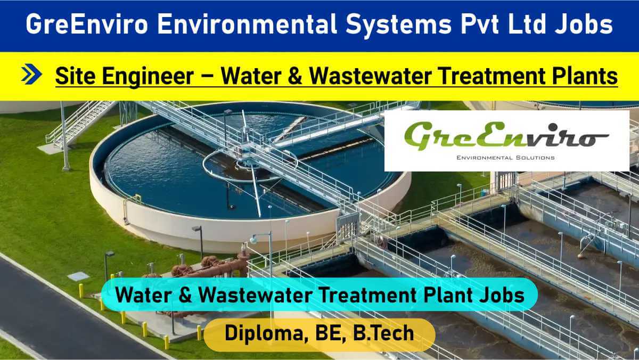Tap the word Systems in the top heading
[398, 25]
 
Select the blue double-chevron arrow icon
[31, 74]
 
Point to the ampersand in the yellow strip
[295, 76]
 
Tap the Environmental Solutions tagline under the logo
[505, 158]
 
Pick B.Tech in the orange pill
[383, 333]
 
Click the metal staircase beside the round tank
[81, 122]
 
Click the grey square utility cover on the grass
[78, 276]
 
